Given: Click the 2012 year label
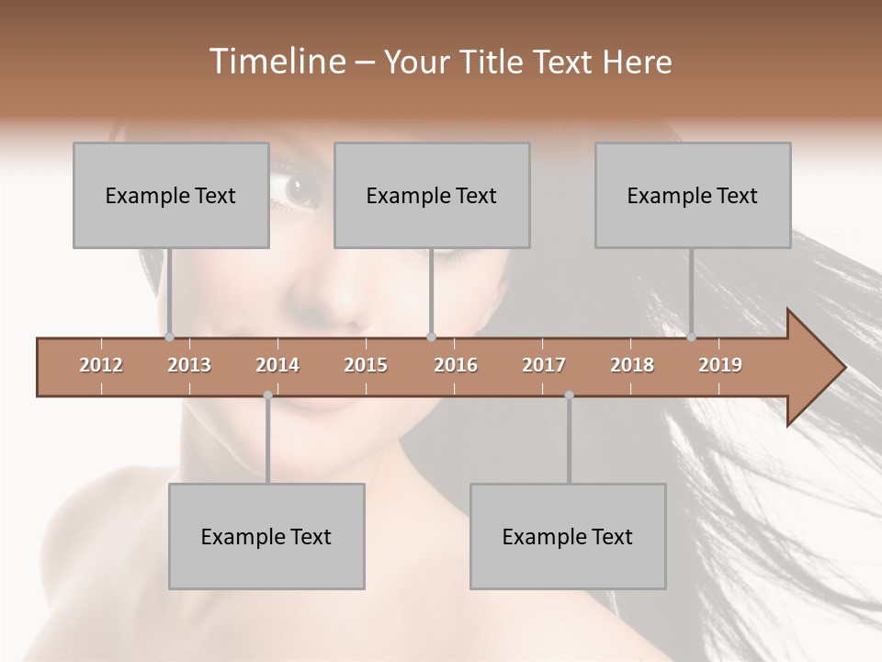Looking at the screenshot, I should [101, 365].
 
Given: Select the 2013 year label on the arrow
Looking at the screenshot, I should [189, 365].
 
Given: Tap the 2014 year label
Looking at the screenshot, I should [277, 365].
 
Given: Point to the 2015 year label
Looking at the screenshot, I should [366, 365].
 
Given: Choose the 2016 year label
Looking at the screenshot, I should [456, 365].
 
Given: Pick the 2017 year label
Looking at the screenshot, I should [544, 365].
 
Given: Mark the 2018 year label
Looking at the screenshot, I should [632, 365].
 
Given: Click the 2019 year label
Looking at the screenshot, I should [720, 365].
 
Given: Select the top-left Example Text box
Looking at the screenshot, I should [171, 195].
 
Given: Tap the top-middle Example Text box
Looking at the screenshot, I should [432, 195].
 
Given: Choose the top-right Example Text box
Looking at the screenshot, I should [693, 195].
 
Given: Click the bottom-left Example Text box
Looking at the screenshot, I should [266, 536].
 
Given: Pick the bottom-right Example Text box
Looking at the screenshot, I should [568, 536].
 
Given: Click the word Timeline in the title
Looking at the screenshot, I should [276, 62].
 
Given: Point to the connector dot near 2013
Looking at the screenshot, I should [170, 337].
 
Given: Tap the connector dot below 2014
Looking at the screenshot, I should [267, 395].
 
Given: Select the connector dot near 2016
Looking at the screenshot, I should [432, 337].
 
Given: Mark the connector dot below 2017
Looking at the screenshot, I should [569, 395].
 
